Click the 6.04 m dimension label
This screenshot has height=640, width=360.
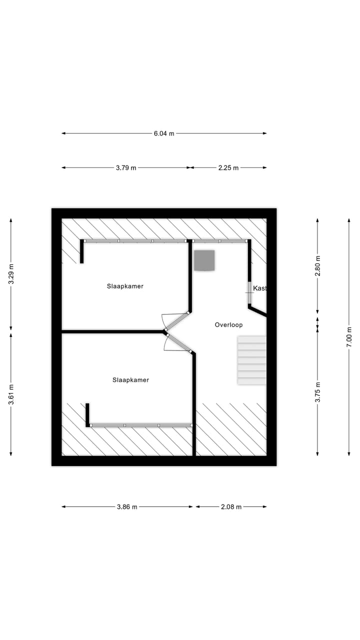click(164, 133)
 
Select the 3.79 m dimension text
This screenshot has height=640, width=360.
click(126, 168)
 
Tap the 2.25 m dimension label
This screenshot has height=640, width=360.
click(228, 168)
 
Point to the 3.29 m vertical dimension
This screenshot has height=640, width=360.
click(11, 273)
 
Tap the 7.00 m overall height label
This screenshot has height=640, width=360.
click(349, 337)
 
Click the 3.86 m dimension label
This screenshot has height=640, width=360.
click(127, 507)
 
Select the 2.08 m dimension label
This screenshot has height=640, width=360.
click(231, 507)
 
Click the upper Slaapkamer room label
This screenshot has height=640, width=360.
click(125, 286)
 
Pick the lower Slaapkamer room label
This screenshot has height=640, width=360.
click(130, 380)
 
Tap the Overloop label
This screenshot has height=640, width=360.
click(228, 325)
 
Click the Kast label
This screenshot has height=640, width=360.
click(259, 288)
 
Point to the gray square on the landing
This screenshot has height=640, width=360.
click(204, 260)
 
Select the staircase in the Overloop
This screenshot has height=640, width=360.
click(251, 360)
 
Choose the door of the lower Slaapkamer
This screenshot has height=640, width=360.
click(178, 343)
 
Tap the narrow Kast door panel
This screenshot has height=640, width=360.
click(249, 292)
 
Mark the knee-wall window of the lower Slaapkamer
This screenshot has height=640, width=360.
click(141, 425)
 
